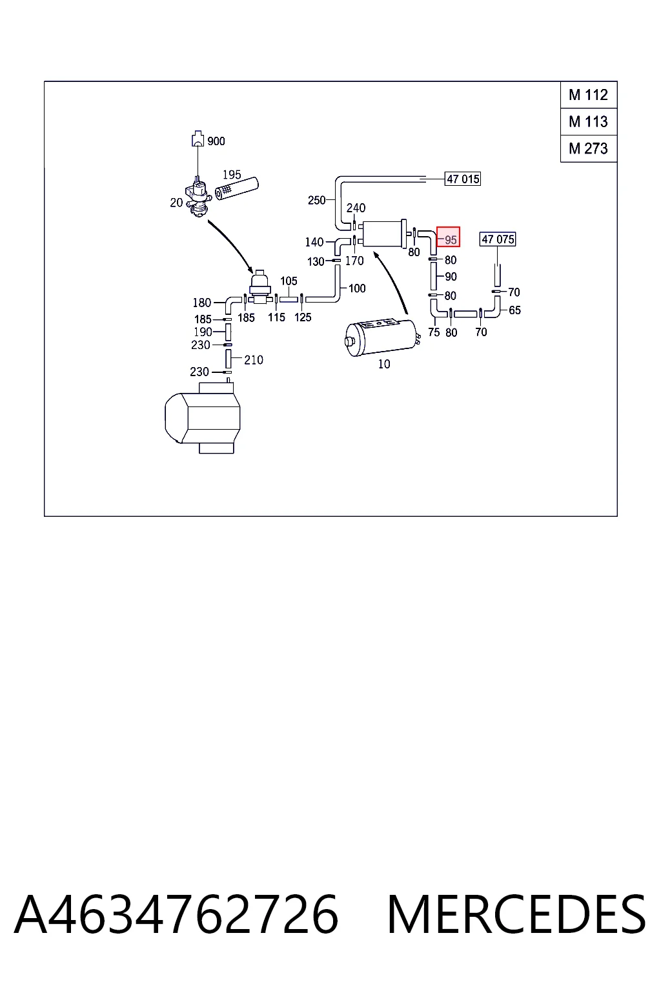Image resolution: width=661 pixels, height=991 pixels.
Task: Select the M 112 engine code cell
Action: pyautogui.click(x=589, y=95)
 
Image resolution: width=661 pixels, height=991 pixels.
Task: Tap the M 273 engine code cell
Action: pyautogui.click(x=589, y=148)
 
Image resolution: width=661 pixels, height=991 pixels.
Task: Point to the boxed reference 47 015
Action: pyautogui.click(x=463, y=179)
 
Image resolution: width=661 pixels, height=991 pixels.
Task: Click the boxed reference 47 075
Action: pyautogui.click(x=498, y=239)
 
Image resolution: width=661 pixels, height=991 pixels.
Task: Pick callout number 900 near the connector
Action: pyautogui.click(x=216, y=141)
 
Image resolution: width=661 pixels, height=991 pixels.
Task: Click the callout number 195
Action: pyautogui.click(x=232, y=175)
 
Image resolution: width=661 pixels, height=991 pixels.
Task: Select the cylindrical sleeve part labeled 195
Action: pyautogui.click(x=237, y=189)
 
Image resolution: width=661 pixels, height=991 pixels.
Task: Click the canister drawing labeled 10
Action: pyautogui.click(x=381, y=337)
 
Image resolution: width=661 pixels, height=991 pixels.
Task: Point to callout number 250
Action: pyautogui.click(x=316, y=201)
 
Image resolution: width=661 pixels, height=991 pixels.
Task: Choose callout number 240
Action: pyautogui.click(x=356, y=208)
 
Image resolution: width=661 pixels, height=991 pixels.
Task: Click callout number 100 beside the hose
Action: pyautogui.click(x=357, y=288)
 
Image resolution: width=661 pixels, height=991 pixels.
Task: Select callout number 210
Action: pyautogui.click(x=254, y=360)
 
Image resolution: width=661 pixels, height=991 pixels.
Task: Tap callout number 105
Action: pyautogui.click(x=289, y=281)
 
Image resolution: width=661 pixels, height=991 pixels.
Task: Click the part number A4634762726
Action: pyautogui.click(x=176, y=915)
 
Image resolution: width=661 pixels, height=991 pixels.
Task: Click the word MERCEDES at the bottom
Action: pyautogui.click(x=516, y=915)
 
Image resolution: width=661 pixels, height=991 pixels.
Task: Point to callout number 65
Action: pyautogui.click(x=515, y=310)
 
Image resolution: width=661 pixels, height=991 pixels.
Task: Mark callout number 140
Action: pyautogui.click(x=314, y=242)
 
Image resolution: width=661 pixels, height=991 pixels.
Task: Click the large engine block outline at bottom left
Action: pyautogui.click(x=203, y=418)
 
